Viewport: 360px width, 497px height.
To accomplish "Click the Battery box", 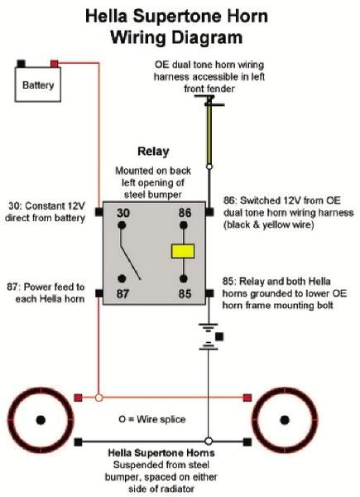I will tap(38, 84).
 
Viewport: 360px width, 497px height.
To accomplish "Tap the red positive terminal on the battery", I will tap(55, 63).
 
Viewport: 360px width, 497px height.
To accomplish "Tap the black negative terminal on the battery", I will tap(22, 63).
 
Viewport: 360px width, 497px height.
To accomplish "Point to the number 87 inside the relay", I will tap(122, 293).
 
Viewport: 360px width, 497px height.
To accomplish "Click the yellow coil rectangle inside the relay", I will tap(181, 252).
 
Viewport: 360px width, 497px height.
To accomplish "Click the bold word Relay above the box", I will tap(154, 152).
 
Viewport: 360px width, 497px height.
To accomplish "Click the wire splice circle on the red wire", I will tap(98, 398).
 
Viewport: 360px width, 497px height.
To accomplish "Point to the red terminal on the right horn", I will tap(247, 398).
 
